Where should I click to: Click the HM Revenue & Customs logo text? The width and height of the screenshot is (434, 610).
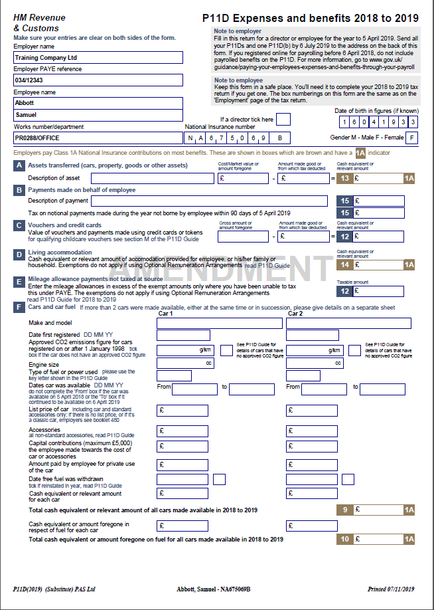[x=36, y=23]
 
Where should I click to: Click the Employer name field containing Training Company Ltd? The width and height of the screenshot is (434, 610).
[x=98, y=58]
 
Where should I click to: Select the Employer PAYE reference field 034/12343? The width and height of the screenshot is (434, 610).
[x=98, y=80]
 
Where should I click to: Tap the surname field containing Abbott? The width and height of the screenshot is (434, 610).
[x=98, y=103]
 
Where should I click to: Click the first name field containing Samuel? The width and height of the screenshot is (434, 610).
[x=98, y=115]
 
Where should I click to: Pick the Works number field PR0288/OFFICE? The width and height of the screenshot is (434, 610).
[x=98, y=138]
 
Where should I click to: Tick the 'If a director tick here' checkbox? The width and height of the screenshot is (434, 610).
[x=283, y=120]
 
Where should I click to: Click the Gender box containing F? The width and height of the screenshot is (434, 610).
[x=412, y=138]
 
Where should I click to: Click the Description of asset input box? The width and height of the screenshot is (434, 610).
[x=153, y=178]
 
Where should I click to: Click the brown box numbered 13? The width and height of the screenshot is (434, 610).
[x=344, y=178]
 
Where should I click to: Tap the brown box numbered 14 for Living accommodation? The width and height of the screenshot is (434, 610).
[x=344, y=264]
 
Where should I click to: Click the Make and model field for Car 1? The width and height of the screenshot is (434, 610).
[x=219, y=324]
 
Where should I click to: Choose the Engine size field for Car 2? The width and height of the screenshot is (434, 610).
[x=315, y=363]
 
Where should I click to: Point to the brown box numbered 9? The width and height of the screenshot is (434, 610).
[x=344, y=510]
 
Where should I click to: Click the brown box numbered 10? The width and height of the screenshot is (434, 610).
[x=344, y=539]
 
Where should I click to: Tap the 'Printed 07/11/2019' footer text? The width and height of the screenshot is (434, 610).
[x=391, y=589]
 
